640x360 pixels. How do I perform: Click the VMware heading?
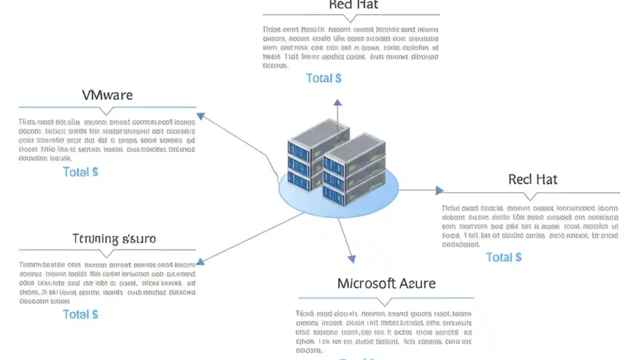click(x=107, y=95)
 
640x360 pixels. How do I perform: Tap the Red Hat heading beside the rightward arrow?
click(x=532, y=179)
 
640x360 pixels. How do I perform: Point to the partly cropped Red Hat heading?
click(x=353, y=5)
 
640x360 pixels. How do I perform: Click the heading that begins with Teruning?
click(x=114, y=238)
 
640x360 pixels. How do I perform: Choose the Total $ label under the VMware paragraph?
click(x=80, y=172)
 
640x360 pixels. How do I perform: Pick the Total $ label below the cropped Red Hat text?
click(x=323, y=78)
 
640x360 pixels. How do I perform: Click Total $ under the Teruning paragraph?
click(x=80, y=314)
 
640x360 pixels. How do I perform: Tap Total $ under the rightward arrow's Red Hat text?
click(x=503, y=257)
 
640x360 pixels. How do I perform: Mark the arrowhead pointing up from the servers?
click(x=338, y=102)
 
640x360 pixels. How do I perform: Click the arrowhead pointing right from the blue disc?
click(x=439, y=190)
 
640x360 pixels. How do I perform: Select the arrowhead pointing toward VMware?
click(x=200, y=116)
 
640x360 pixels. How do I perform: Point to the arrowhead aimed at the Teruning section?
click(x=200, y=261)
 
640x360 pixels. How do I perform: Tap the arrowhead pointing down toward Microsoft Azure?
click(x=351, y=258)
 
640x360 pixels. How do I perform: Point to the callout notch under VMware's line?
click(x=106, y=111)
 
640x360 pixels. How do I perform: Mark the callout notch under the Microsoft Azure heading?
click(x=384, y=302)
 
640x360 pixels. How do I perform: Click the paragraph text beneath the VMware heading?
click(x=107, y=140)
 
